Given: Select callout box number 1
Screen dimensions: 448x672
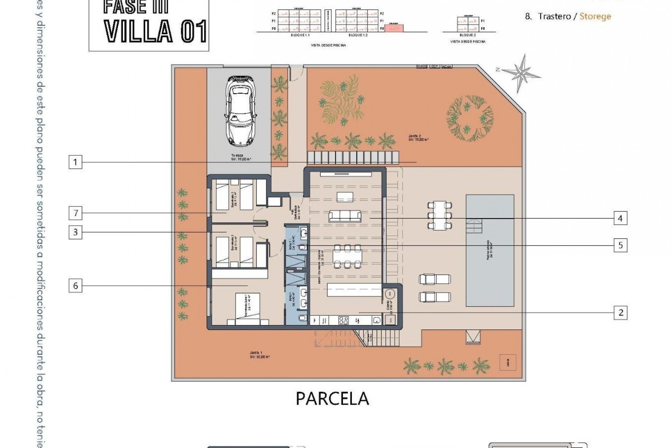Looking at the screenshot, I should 75,162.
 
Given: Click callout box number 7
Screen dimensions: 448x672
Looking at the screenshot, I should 76,213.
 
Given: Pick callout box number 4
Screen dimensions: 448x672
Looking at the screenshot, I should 620,218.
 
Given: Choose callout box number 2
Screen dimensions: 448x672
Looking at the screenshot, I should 621,313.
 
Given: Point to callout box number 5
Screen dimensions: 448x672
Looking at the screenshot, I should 621,245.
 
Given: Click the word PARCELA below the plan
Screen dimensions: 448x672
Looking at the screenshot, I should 332,398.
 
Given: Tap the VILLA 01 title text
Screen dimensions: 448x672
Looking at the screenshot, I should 155,31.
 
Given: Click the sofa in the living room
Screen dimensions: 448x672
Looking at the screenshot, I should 345,216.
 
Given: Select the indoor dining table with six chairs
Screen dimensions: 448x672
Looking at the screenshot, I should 347,257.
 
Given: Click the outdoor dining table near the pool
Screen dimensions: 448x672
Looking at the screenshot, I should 440,215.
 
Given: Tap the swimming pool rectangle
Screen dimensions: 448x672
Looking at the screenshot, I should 490,251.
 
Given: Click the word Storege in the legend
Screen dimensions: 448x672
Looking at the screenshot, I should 595,16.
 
